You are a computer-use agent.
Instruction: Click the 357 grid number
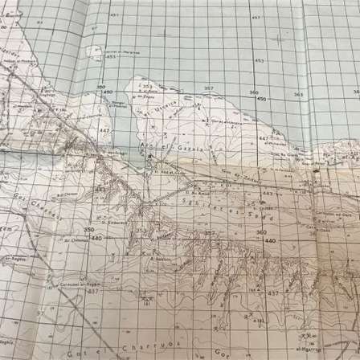(x=208, y=88)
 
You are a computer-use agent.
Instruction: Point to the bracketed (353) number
(x=145, y=84)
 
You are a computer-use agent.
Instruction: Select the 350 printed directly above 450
(x=101, y=87)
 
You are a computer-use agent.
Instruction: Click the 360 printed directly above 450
(x=253, y=92)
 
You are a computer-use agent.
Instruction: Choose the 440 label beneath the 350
(x=96, y=238)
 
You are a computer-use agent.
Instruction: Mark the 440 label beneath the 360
(x=270, y=240)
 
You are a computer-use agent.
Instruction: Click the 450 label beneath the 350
(x=105, y=93)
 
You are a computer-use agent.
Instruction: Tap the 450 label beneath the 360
(x=260, y=99)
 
